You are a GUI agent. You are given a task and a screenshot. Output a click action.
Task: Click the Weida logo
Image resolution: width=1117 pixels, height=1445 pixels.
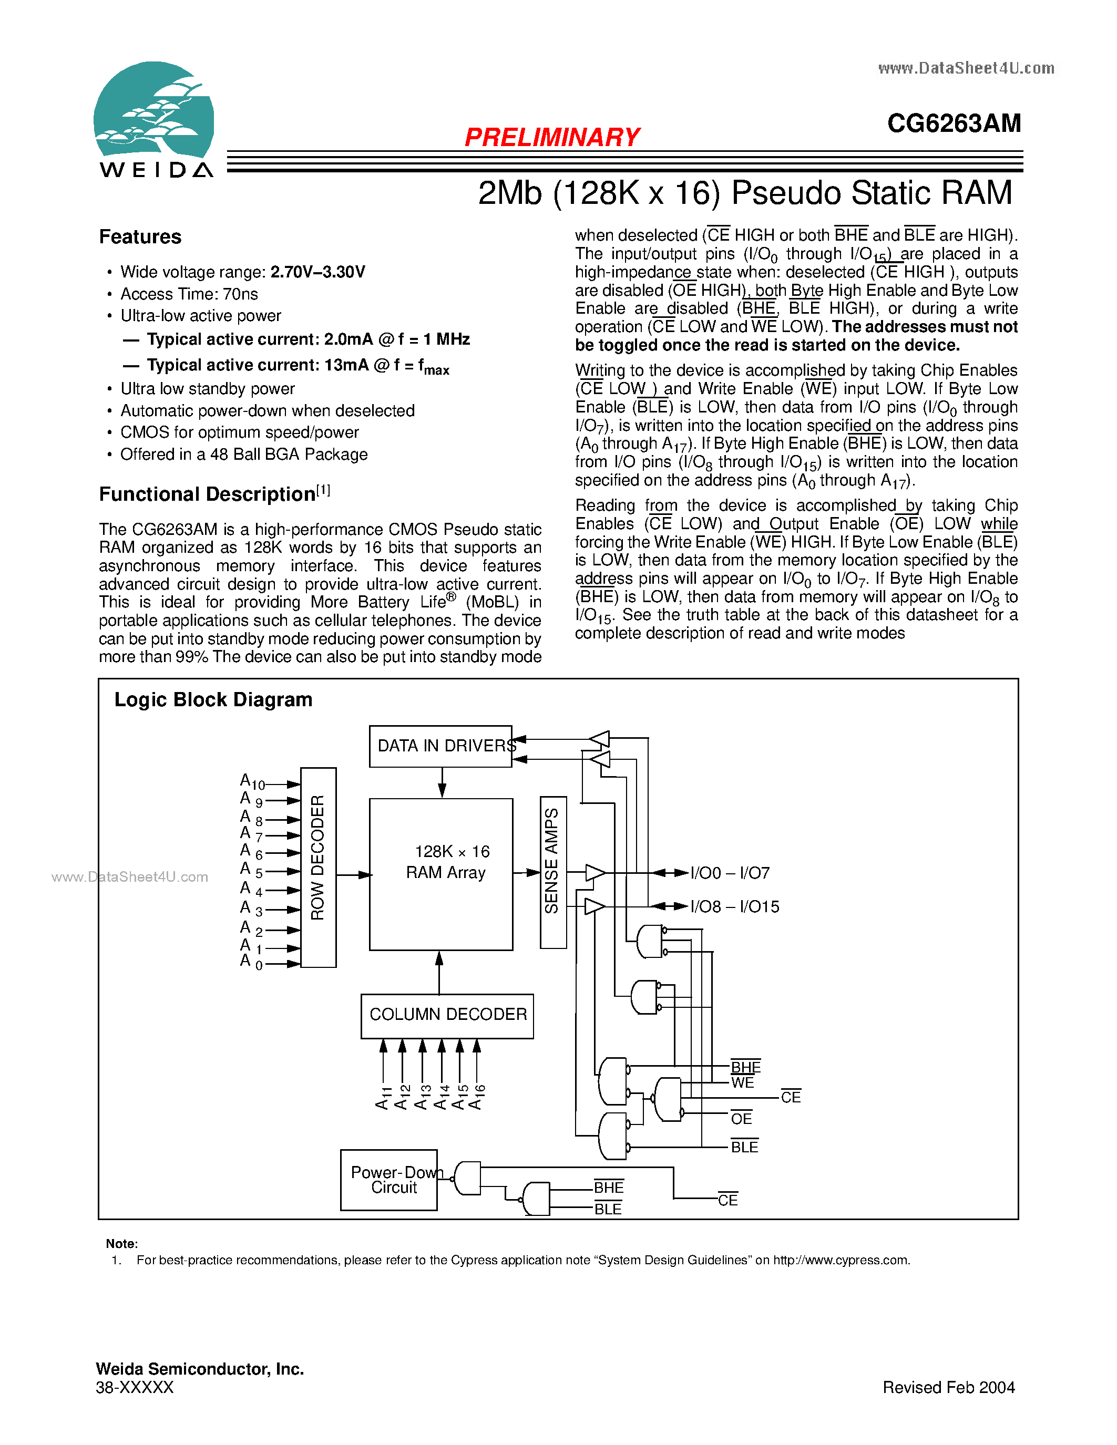[x=154, y=120]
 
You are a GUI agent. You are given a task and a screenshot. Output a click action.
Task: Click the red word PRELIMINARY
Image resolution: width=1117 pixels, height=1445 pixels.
[x=552, y=137]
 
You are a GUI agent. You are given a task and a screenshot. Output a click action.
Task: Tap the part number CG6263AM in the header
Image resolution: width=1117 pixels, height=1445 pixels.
[x=954, y=123]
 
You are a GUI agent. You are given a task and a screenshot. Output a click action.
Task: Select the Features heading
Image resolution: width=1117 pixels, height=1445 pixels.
[x=140, y=237]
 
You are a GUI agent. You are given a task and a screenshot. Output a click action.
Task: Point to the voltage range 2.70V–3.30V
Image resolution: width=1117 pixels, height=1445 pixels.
[x=317, y=272]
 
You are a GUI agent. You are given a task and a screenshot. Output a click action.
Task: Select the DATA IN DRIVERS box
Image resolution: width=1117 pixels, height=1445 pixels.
[x=440, y=746]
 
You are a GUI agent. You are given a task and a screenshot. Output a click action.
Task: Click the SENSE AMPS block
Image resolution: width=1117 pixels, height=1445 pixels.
[x=553, y=872]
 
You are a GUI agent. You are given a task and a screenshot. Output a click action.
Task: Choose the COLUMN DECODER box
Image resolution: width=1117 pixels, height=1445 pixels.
[x=447, y=1016]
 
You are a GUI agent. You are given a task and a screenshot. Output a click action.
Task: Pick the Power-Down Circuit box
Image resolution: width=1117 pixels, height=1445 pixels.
[x=389, y=1180]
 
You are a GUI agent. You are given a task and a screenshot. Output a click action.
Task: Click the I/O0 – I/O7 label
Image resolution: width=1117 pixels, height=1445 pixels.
[x=730, y=873]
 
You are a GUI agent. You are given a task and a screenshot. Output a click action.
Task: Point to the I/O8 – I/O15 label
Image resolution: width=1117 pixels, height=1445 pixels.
[x=734, y=906]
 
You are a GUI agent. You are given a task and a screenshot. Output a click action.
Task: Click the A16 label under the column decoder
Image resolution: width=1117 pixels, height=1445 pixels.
[x=477, y=1096]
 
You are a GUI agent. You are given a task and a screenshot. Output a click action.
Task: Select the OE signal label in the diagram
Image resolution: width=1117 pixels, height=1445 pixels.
[x=741, y=1118]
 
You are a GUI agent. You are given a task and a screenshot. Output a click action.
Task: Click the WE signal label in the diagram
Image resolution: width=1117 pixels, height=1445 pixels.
[x=742, y=1082]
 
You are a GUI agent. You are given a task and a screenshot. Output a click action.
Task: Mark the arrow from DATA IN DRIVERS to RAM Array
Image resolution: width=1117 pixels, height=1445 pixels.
[x=442, y=783]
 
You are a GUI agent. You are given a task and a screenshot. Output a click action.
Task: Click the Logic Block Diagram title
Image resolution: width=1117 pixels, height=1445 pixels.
[x=213, y=700]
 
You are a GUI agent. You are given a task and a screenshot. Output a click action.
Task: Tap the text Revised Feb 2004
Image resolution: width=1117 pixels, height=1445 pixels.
[x=949, y=1387]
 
